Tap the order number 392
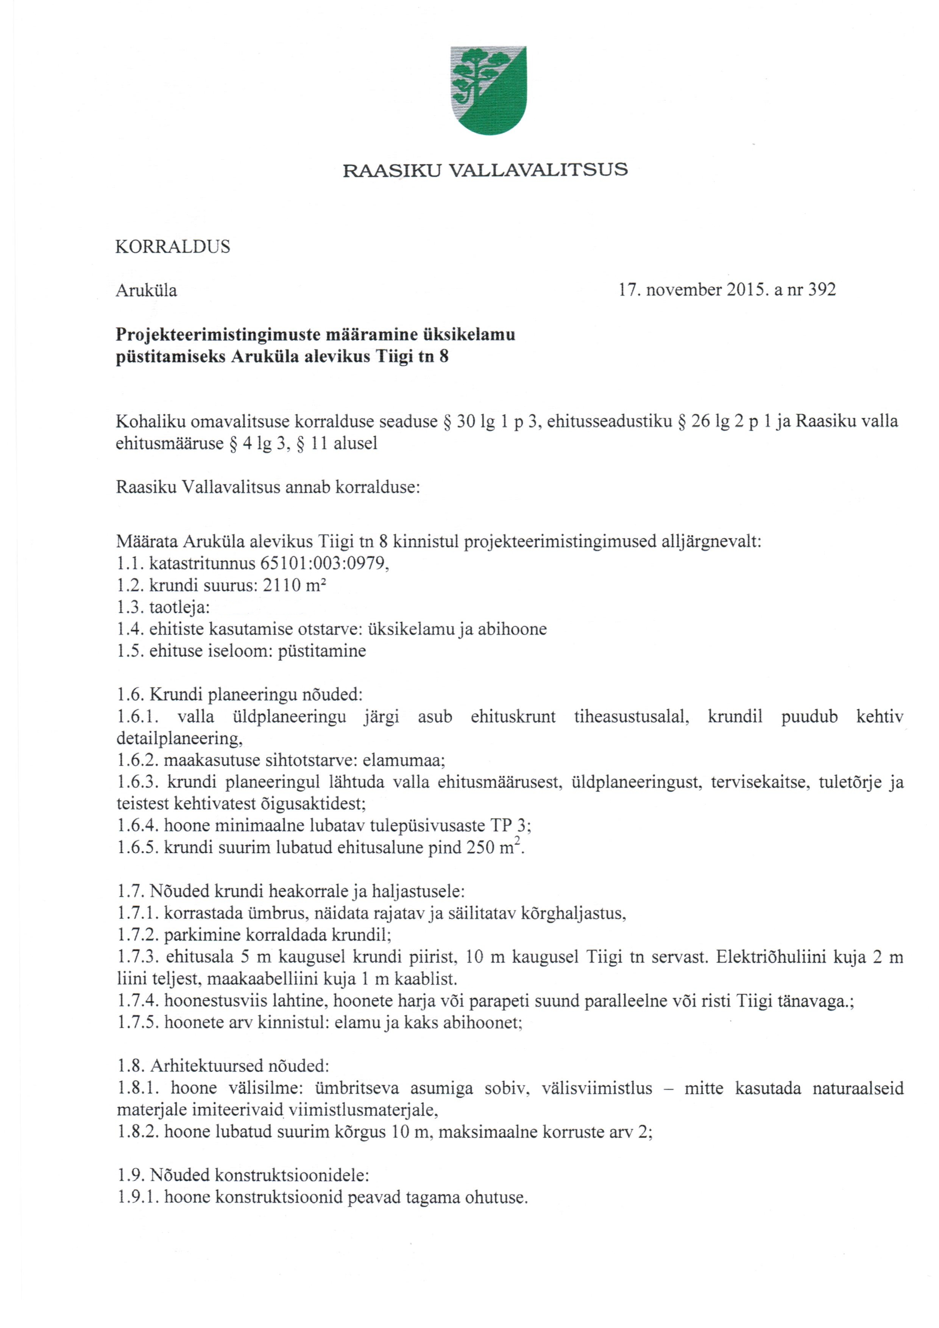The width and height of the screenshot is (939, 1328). pos(822,290)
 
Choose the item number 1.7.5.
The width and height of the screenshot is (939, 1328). pos(137,1023)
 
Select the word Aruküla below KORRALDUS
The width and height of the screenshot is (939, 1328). pos(146,290)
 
